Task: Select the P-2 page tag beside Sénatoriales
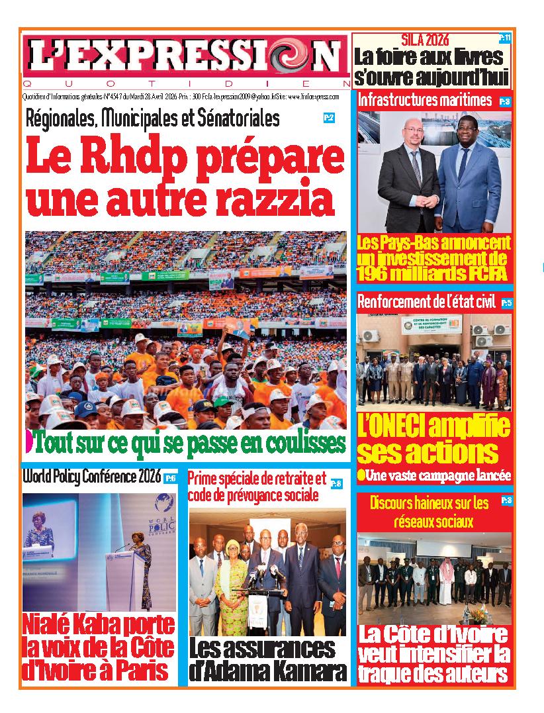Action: [329, 119]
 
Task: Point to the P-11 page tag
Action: [505, 39]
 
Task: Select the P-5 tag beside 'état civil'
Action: [506, 303]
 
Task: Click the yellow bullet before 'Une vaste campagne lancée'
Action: [361, 475]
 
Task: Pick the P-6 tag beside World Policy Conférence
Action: [170, 478]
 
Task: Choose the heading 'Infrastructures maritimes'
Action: [424, 101]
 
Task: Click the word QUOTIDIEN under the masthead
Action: [185, 84]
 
